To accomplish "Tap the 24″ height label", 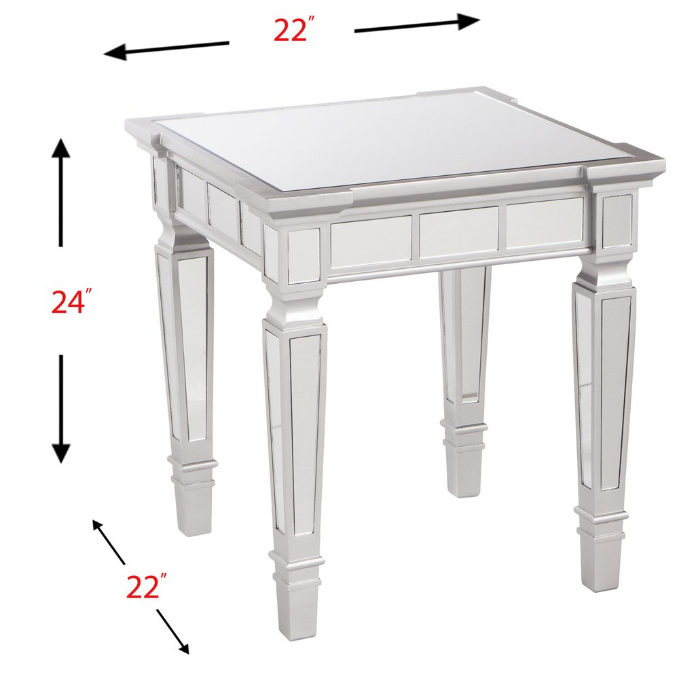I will pyautogui.click(x=71, y=301).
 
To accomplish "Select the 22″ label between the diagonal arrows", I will pyautogui.click(x=146, y=586).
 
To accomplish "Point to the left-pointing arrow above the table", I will pyautogui.click(x=166, y=49).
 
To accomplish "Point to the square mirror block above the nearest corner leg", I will pyautogui.click(x=304, y=255).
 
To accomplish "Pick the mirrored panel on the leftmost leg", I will pyautogui.click(x=192, y=346).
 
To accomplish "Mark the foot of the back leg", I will pyautogui.click(x=464, y=471).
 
